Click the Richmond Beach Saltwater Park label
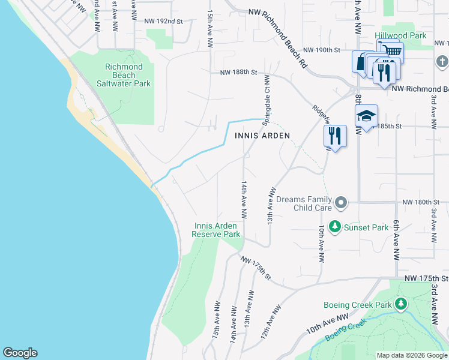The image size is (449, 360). point(124,76)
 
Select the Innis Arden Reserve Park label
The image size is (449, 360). point(215,230)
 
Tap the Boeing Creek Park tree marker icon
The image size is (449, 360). point(401,305)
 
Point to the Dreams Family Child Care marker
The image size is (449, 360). point(341,203)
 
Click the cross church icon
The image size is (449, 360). point(442,62)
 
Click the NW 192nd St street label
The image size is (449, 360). point(163,21)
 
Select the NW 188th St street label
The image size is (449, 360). point(238,72)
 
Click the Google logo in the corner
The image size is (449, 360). point(20,353)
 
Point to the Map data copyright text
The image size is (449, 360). point(412,355)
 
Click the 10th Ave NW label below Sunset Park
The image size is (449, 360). point(322,244)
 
